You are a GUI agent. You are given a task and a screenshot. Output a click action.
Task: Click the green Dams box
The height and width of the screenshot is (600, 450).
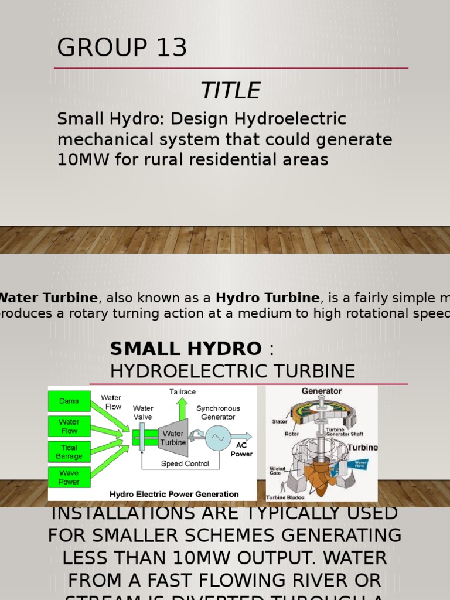point(69,401)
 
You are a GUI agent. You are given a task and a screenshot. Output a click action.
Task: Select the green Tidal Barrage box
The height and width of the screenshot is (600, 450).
point(69,452)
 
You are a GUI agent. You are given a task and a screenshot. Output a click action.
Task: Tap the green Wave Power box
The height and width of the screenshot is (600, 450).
point(69,477)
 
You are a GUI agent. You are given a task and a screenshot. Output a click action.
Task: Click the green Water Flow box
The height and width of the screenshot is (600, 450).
point(69,427)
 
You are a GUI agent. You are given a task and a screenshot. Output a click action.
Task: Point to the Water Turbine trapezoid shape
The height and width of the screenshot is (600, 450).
point(173,438)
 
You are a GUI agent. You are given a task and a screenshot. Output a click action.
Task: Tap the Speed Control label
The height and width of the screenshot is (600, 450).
point(185,463)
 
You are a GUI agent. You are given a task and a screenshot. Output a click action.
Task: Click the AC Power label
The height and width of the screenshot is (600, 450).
point(241,449)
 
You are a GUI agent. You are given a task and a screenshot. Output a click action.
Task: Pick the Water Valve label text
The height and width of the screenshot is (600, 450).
point(143,412)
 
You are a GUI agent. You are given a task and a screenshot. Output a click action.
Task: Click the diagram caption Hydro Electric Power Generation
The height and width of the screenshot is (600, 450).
point(174,494)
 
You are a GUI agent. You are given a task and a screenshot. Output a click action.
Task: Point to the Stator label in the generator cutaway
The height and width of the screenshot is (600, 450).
point(279,421)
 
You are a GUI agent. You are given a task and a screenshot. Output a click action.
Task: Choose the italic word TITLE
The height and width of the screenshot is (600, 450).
point(230,91)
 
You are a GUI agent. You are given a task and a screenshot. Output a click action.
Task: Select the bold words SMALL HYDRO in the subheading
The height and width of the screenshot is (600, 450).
point(186,349)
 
